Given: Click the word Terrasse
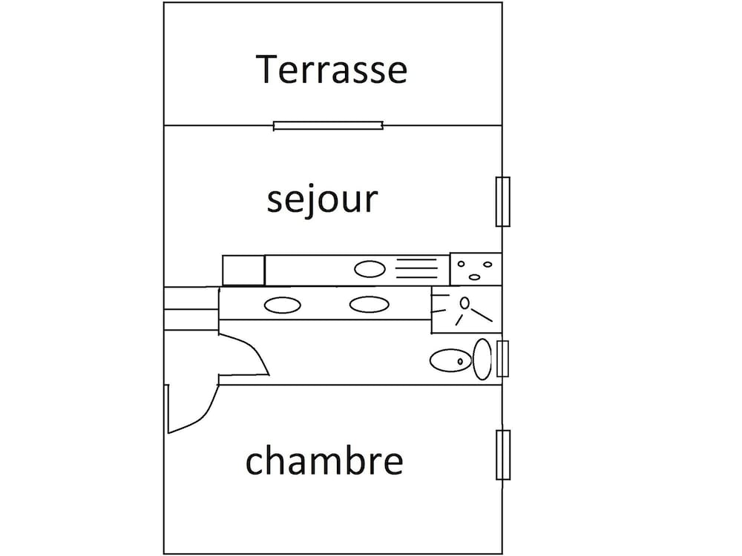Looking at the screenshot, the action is pyautogui.click(x=331, y=70).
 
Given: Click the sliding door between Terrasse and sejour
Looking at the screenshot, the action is pyautogui.click(x=328, y=126).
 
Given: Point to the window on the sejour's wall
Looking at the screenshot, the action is pyautogui.click(x=502, y=202).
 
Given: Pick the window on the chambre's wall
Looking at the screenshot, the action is pyautogui.click(x=502, y=455).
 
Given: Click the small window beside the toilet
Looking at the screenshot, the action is pyautogui.click(x=502, y=358).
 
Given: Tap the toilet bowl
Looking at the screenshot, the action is pyautogui.click(x=451, y=361).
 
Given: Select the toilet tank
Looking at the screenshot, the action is pyautogui.click(x=482, y=360).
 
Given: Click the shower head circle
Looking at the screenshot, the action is pyautogui.click(x=464, y=302).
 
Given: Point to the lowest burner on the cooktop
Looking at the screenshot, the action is pyautogui.click(x=474, y=277).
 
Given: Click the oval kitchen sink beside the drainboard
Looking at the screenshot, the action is pyautogui.click(x=370, y=269).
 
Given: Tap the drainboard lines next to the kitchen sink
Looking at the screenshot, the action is pyautogui.click(x=416, y=268).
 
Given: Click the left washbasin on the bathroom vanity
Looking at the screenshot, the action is pyautogui.click(x=282, y=305).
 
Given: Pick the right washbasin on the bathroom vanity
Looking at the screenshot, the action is pyautogui.click(x=369, y=305).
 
